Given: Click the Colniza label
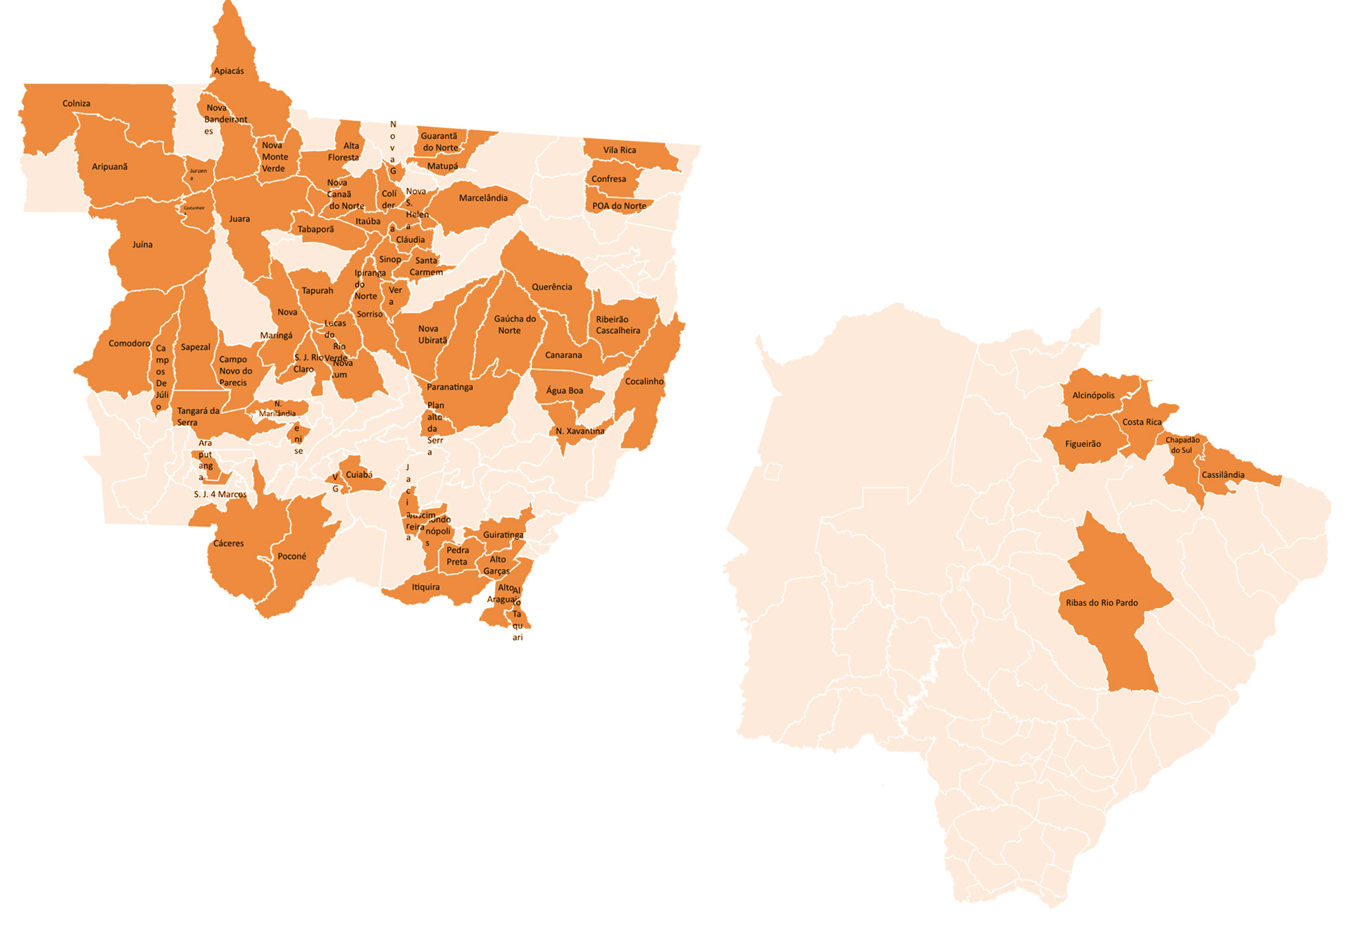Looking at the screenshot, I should click(76, 103).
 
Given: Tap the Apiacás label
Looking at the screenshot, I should click(229, 71).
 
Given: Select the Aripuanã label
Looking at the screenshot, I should click(109, 167).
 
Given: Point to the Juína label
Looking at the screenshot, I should click(142, 244).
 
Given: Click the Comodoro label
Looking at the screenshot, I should click(129, 344).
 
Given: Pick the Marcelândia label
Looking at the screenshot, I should click(483, 198).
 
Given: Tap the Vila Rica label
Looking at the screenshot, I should click(619, 150).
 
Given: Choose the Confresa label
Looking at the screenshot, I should click(608, 179).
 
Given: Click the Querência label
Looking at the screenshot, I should click(551, 287).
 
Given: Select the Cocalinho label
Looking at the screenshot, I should click(644, 382).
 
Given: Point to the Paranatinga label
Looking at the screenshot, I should click(449, 387).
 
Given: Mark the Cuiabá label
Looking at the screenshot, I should click(359, 474).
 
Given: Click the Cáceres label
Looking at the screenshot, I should click(228, 543).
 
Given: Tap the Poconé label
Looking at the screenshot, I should click(292, 556).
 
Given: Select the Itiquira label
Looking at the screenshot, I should click(425, 587).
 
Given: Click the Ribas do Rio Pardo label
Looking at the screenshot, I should click(1101, 603).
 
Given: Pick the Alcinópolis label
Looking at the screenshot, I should click(1093, 396).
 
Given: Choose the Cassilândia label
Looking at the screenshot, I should click(1222, 474).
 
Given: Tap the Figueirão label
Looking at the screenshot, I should click(1082, 444).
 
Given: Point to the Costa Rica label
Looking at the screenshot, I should click(1141, 422).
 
